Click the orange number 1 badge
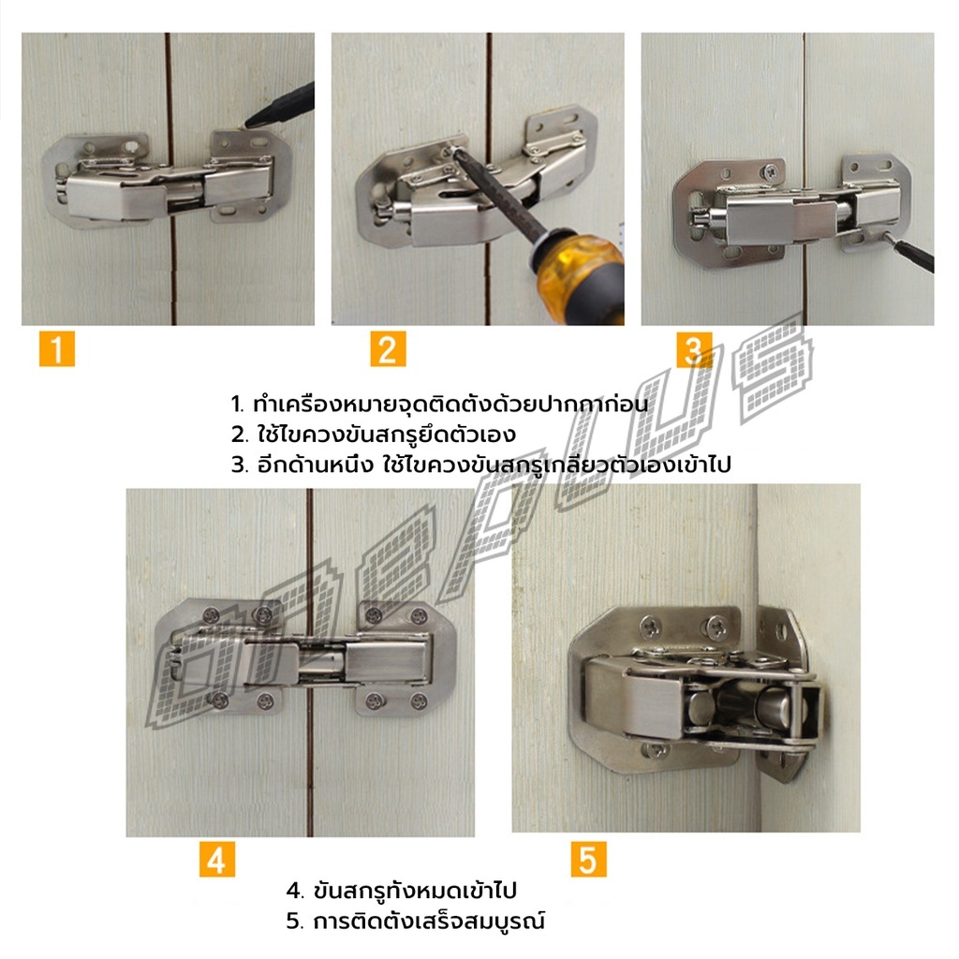click(57, 348)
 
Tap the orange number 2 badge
click(388, 348)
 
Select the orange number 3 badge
click(694, 349)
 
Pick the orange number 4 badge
click(217, 859)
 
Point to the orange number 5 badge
click(588, 859)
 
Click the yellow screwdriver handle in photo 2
click(581, 275)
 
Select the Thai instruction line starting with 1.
click(438, 405)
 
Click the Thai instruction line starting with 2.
click(373, 435)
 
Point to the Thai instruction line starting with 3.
click(480, 465)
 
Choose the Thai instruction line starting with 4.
click(401, 890)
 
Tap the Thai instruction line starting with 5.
click(415, 921)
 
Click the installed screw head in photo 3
click(772, 172)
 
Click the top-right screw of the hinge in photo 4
click(419, 616)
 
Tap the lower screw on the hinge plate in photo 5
click(655, 749)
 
